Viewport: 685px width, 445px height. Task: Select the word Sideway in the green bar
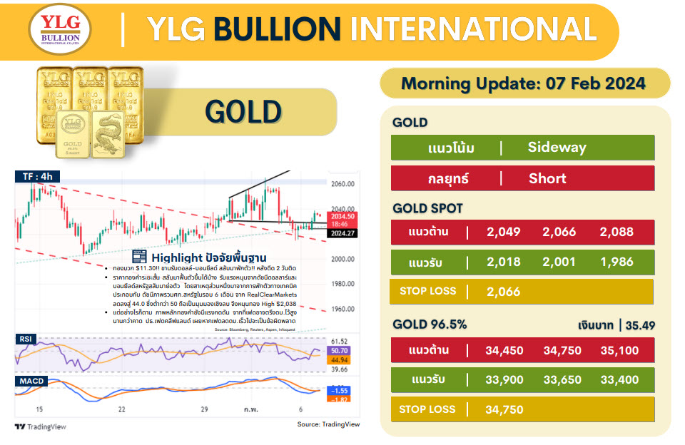click(557, 148)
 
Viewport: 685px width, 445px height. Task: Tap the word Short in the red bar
click(547, 178)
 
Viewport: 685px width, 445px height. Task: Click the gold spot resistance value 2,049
click(503, 232)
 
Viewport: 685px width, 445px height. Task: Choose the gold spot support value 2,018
click(503, 262)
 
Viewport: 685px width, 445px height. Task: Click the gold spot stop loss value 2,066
click(503, 292)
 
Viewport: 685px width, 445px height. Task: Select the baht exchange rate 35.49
click(640, 326)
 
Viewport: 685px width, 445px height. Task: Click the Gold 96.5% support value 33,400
click(619, 380)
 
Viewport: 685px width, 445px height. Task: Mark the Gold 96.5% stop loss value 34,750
click(503, 409)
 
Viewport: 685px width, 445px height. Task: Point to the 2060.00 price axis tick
click(343, 184)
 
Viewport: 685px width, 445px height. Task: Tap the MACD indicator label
click(30, 381)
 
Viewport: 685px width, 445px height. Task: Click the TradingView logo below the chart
click(41, 426)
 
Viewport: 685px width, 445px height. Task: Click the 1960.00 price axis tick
click(343, 310)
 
